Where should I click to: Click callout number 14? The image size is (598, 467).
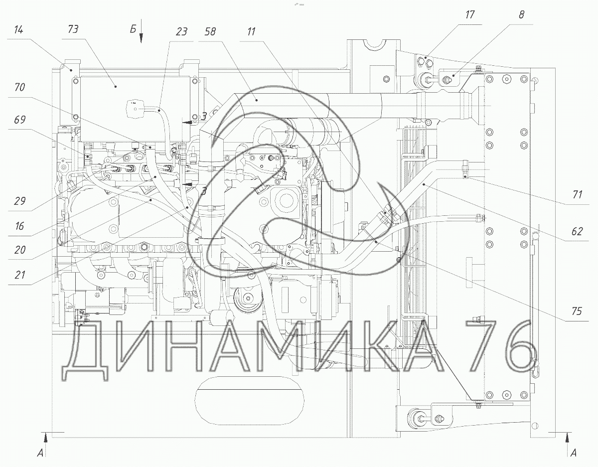pyautogui.click(x=18, y=30)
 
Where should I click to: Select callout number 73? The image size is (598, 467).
pyautogui.click(x=73, y=29)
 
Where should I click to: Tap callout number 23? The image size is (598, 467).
pyautogui.click(x=181, y=31)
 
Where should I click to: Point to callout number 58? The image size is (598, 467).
pyautogui.click(x=210, y=31)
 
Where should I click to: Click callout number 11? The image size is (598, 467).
pyautogui.click(x=251, y=31)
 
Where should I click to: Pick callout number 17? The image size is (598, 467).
pyautogui.click(x=470, y=14)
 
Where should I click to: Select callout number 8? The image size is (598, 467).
pyautogui.click(x=521, y=14)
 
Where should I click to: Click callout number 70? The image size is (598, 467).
pyautogui.click(x=20, y=87)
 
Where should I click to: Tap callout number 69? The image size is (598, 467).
pyautogui.click(x=20, y=120)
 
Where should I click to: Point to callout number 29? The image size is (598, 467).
pyautogui.click(x=20, y=201)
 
